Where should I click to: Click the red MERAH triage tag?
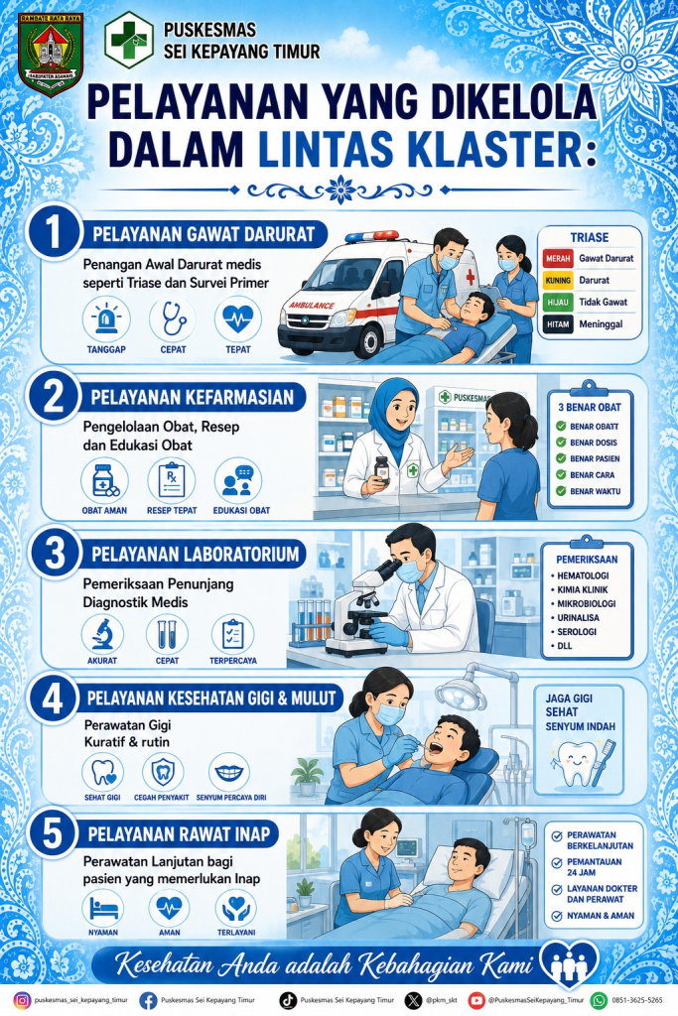pos(558,259)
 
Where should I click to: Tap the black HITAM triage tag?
pos(558,324)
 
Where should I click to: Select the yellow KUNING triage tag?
pos(558,281)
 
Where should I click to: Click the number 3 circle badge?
pos(55,555)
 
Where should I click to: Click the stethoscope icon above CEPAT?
pos(173,318)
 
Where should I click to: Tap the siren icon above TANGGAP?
pos(106,318)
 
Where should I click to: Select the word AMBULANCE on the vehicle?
pos(312,306)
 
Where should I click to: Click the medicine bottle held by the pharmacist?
pos(382,468)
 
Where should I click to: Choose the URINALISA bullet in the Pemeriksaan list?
pos(575,617)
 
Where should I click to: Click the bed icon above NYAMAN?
pos(103,908)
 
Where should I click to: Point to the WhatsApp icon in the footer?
pos(599,1000)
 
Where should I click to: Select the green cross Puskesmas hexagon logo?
pos(129,39)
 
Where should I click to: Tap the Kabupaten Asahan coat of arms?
pos(50,54)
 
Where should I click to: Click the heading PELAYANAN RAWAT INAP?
pos(179,833)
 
